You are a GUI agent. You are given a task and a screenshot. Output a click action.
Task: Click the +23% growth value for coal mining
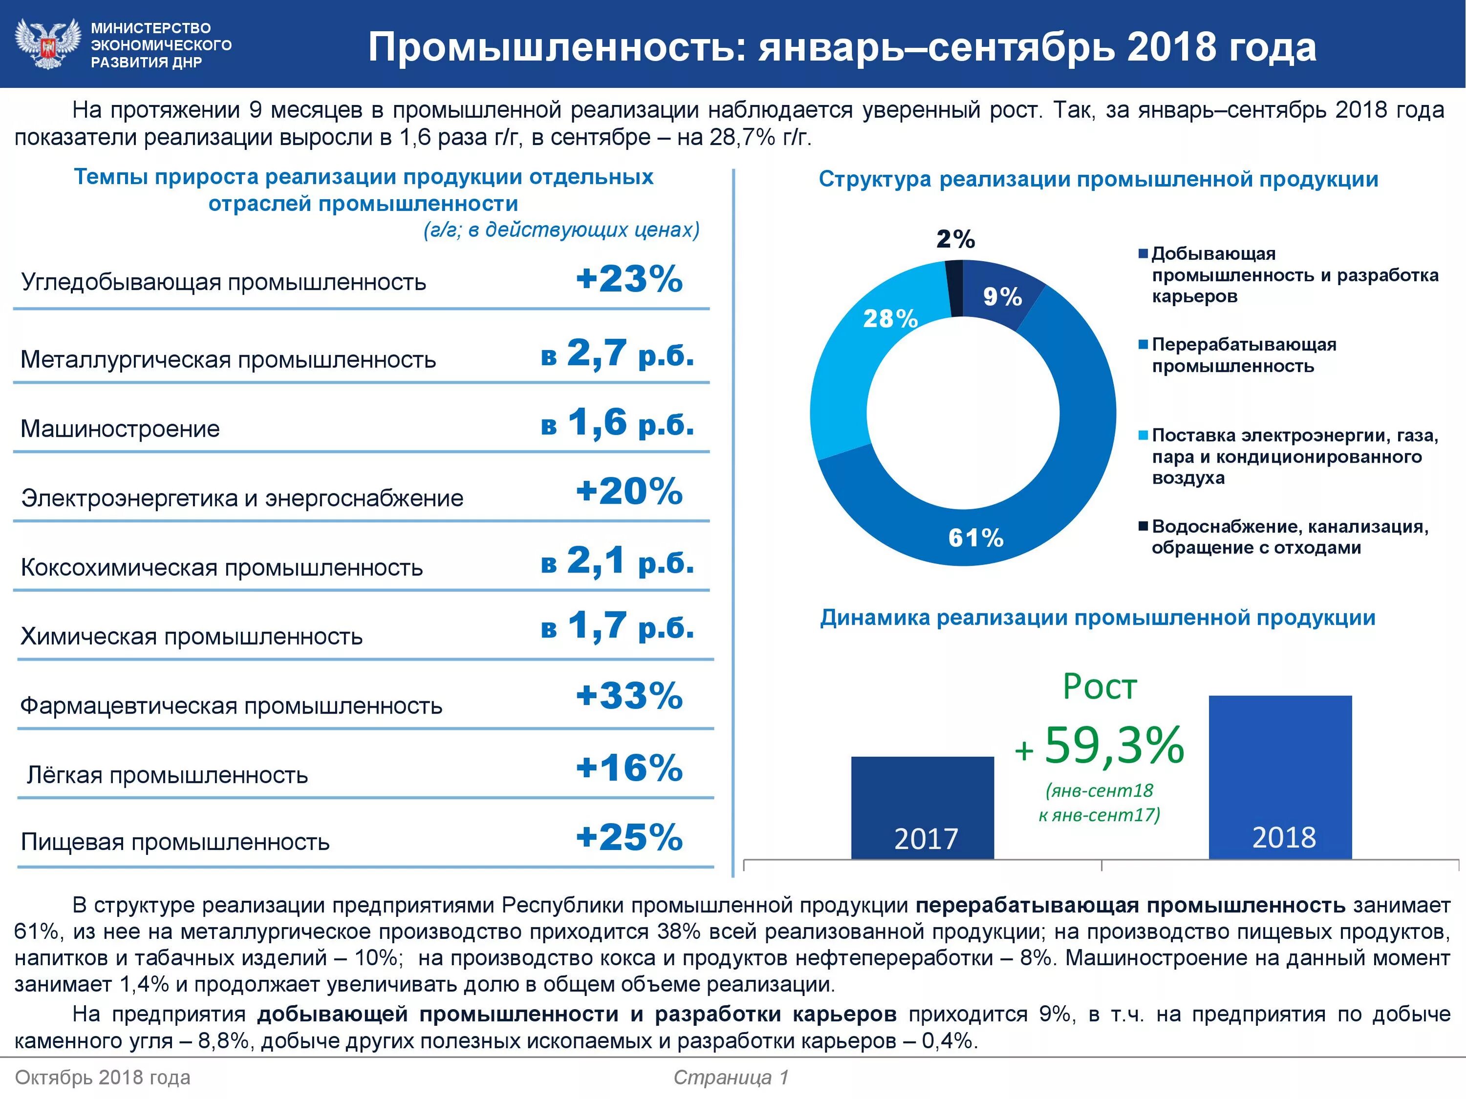click(x=628, y=279)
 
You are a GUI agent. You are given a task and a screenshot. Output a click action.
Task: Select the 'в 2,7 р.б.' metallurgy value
click(x=617, y=354)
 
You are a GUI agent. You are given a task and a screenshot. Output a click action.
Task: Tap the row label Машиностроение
click(x=120, y=428)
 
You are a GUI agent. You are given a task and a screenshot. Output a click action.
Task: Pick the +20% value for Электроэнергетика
click(x=628, y=491)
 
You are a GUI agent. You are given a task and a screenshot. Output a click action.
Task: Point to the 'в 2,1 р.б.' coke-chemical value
click(x=617, y=561)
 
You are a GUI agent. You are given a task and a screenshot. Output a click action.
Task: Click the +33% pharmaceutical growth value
click(x=628, y=696)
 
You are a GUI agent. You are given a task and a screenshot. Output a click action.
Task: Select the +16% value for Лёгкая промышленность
click(x=628, y=768)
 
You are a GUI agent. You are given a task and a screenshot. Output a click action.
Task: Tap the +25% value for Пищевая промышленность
click(x=628, y=837)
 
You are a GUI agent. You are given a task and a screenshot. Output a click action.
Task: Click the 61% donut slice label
click(x=975, y=537)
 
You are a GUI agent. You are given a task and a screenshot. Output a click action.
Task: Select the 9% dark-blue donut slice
click(x=1002, y=296)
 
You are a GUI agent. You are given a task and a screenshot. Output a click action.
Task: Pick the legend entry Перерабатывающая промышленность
click(x=1243, y=355)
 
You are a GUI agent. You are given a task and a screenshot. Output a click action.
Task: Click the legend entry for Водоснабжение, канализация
click(x=1289, y=537)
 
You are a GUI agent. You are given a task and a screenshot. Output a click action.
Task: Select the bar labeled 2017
click(x=922, y=808)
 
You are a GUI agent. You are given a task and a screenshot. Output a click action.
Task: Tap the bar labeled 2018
click(x=1280, y=779)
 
